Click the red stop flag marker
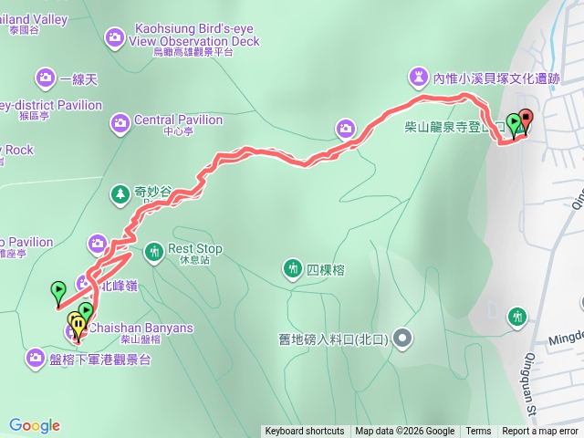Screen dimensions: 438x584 pos(526,122)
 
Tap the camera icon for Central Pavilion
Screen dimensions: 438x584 pos(120,122)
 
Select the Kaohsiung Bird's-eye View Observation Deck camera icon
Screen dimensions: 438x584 pos(115,36)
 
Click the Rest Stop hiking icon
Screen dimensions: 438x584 pos(154,249)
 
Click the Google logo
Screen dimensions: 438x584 pos(35,425)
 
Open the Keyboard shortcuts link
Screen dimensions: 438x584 pos(305,432)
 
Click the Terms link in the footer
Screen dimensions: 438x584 pos(478,432)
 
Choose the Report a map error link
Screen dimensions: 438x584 pos(540,432)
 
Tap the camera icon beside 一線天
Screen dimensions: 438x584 pos(45,79)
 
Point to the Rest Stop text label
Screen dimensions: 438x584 pos(195,248)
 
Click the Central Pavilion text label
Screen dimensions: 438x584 pos(178,120)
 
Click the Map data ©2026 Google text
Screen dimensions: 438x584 pos(405,432)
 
